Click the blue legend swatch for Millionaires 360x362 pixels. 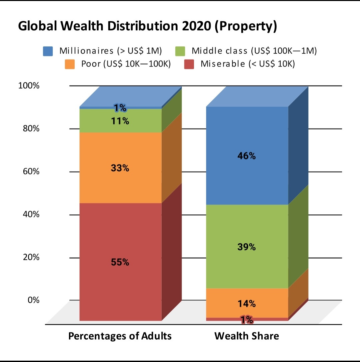click(48, 51)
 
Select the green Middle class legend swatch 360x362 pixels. click(180, 51)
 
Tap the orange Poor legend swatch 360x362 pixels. click(70, 64)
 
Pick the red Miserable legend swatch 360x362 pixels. click(189, 64)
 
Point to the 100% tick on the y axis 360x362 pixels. click(29, 86)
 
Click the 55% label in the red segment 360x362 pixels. click(120, 262)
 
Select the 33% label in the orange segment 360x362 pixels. click(120, 168)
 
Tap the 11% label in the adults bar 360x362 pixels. click(120, 121)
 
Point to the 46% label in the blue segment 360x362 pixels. click(247, 156)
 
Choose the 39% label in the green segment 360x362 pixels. click(247, 247)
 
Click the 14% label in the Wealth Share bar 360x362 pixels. click(247, 304)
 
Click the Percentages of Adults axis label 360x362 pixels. click(120, 336)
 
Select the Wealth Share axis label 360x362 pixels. click(247, 336)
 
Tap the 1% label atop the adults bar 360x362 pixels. click(120, 108)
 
